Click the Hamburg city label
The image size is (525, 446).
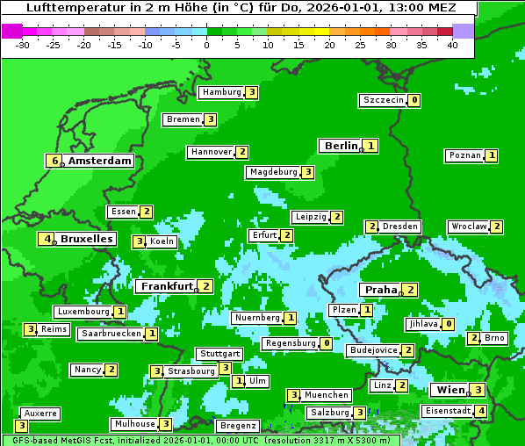pyautogui.click(x=220, y=92)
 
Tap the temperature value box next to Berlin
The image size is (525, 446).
pyautogui.click(x=371, y=146)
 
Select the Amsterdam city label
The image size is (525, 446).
pyautogui.click(x=100, y=161)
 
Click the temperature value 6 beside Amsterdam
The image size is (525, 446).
pyautogui.click(x=54, y=161)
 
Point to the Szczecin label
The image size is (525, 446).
pyautogui.click(x=383, y=100)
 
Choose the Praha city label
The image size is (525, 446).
pyautogui.click(x=381, y=290)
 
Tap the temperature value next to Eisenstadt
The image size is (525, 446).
pyautogui.click(x=480, y=411)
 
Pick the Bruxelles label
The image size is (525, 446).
pyautogui.click(x=86, y=239)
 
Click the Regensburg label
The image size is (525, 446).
pyautogui.click(x=290, y=343)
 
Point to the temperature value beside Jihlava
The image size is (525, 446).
pyautogui.click(x=448, y=324)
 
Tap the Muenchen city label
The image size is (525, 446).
pyautogui.click(x=327, y=395)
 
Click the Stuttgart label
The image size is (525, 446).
pyautogui.click(x=219, y=354)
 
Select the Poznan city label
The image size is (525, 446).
pyautogui.click(x=464, y=155)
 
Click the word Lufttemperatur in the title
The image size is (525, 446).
pyautogui.click(x=69, y=7)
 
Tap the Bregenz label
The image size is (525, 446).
pyautogui.click(x=238, y=426)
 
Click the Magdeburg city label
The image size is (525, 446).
pyautogui.click(x=273, y=172)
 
